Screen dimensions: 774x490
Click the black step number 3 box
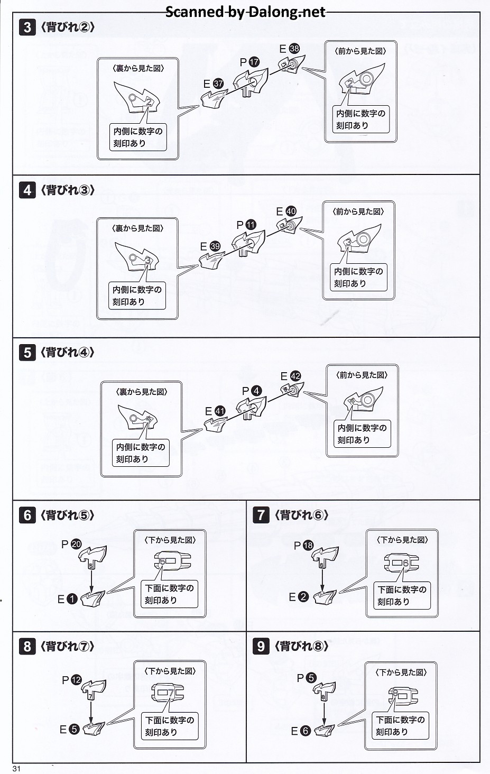pos(27,27)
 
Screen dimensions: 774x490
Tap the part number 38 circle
pos(294,49)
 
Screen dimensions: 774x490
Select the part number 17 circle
pos(254,62)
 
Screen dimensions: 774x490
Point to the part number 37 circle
pos(218,84)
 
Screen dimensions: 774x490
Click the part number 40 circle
pos(291,211)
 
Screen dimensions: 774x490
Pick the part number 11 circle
pos(251,225)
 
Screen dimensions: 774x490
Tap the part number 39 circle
pos(215,246)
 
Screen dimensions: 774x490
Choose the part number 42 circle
pos(295,376)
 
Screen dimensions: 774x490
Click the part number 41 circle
pos(220,411)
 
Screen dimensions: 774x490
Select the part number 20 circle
pos(76,544)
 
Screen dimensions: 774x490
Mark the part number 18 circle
pos(308,545)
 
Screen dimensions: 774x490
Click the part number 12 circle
pos(76,680)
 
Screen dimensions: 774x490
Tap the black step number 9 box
pos(261,646)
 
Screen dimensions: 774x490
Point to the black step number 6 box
pos(27,514)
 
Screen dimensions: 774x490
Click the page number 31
pos(16,769)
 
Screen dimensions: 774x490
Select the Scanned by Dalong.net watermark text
pos(245,12)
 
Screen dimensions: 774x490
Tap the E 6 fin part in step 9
pos(324,731)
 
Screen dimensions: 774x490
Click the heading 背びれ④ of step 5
pos(67,352)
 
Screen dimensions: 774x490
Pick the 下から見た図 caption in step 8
pos(170,671)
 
